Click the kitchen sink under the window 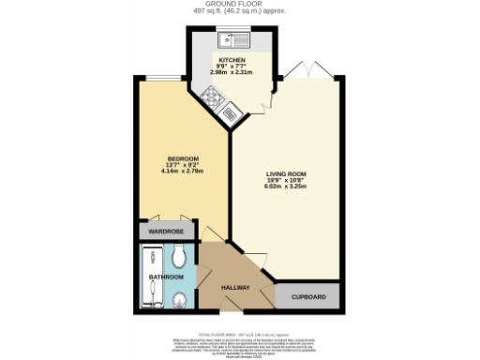[231, 40]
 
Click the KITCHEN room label [232, 59]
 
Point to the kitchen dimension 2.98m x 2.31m [232, 72]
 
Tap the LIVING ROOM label [285, 174]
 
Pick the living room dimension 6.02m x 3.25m [285, 187]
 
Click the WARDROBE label [169, 230]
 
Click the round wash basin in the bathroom [178, 299]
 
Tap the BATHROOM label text [167, 277]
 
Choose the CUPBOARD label [308, 297]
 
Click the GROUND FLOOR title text [240, 4]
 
